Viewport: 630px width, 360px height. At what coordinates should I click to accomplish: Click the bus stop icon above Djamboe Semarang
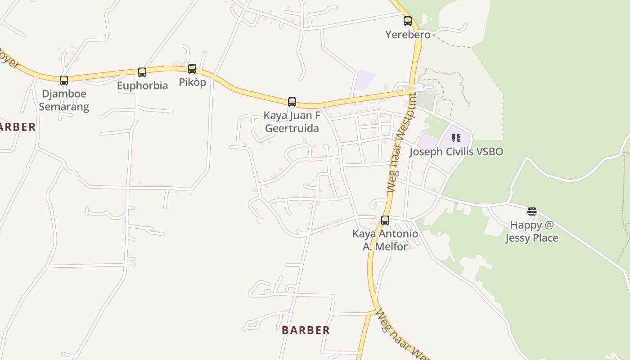click(64, 81)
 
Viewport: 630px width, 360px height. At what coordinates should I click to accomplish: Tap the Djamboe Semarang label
click(64, 100)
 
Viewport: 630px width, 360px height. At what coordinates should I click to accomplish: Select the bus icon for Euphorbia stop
click(142, 72)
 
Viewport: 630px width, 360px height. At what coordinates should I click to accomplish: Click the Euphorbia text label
click(142, 85)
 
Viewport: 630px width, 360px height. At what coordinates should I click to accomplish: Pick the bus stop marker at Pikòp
click(192, 69)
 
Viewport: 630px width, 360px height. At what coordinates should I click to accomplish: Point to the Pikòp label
click(192, 82)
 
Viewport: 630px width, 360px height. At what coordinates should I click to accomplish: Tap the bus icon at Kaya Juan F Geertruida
click(292, 102)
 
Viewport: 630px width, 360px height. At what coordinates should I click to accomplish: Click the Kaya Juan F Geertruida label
click(292, 122)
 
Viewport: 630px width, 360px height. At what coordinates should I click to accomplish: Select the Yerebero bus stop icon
click(408, 21)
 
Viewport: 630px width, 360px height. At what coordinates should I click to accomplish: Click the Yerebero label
click(408, 35)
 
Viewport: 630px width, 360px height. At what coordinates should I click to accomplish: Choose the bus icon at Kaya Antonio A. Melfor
click(385, 220)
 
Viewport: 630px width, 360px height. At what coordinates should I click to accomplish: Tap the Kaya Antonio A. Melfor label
click(385, 240)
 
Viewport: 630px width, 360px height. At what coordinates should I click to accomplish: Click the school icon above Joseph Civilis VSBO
click(456, 138)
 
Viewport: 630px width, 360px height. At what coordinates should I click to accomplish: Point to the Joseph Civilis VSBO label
click(456, 152)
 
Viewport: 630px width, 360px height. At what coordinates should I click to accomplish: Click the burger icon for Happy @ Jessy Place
click(532, 211)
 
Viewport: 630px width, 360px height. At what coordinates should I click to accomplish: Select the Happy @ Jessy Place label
click(532, 231)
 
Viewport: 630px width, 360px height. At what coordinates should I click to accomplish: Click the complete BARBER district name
click(306, 330)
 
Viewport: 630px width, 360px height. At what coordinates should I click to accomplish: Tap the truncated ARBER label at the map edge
click(17, 127)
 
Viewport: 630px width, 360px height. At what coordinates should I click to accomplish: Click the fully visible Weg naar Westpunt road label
click(400, 143)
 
